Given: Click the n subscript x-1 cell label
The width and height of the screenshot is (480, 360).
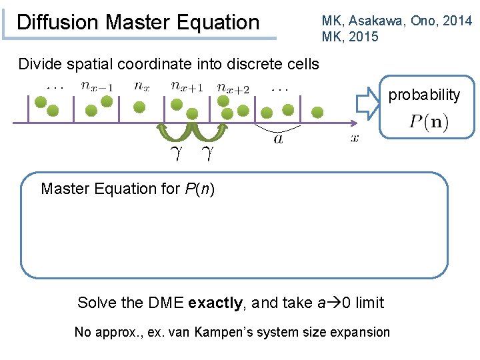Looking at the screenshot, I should coord(97,85).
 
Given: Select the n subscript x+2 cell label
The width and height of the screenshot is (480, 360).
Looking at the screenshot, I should coord(233,87).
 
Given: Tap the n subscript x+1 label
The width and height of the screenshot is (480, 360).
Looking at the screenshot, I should coord(186,85).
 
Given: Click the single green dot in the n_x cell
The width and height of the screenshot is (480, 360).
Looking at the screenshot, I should coord(141,105).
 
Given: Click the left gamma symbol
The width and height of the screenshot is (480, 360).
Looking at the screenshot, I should coord(176,155).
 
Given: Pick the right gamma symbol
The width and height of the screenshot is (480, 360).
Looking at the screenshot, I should coord(208,155).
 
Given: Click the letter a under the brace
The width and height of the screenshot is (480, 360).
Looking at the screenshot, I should coord(277,139).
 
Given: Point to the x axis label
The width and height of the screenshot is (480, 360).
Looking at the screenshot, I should coord(354,138).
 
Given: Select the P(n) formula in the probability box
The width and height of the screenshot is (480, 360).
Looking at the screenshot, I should coord(429,122).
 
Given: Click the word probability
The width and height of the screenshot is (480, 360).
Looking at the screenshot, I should coord(424,95).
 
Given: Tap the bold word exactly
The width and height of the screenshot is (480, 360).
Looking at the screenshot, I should coord(216,303).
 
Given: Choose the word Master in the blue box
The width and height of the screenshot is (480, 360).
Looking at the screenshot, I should coord(64,189).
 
